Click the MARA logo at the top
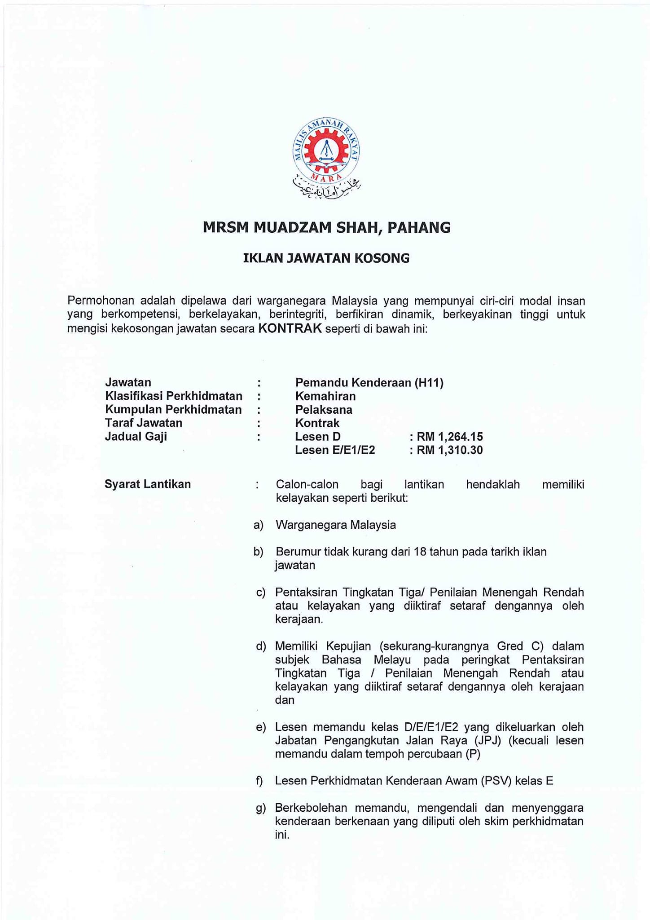pos(326,158)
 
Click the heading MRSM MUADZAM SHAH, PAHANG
pos(326,227)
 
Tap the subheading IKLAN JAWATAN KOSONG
pos(326,258)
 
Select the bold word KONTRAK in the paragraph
pos(290,328)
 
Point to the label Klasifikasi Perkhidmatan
pos(173,396)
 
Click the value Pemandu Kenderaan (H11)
pos(369,383)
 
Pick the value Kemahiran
pos(325,396)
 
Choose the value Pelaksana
pos(324,410)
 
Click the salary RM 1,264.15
pos(449,437)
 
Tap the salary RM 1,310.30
pos(449,450)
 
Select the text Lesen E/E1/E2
pos(335,450)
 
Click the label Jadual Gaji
pos(136,436)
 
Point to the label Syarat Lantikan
pos(148,484)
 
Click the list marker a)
pos(259,525)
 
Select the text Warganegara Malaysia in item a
pos(336,525)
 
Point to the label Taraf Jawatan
pos(144,423)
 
